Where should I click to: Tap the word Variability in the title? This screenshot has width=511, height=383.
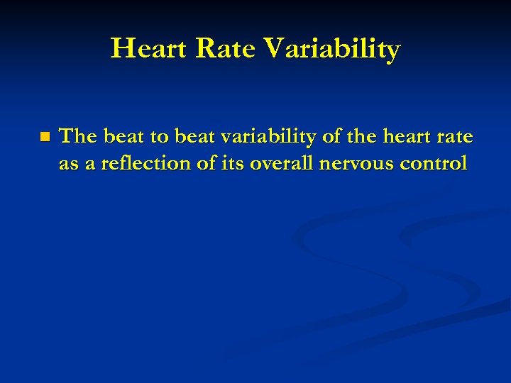pyautogui.click(x=332, y=49)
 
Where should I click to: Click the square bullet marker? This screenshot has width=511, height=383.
pyautogui.click(x=45, y=137)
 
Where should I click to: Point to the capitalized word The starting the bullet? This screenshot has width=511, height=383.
pyautogui.click(x=79, y=136)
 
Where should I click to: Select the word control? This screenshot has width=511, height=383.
pyautogui.click(x=434, y=164)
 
